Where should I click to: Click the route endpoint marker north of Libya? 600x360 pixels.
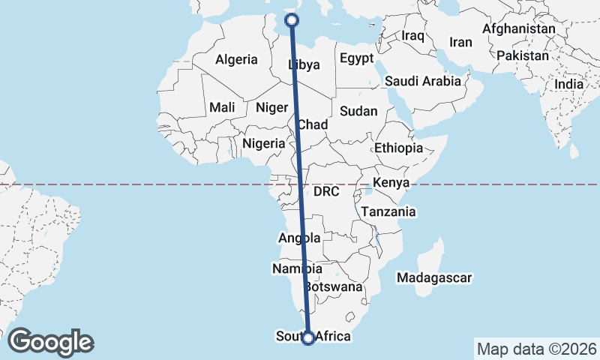292,21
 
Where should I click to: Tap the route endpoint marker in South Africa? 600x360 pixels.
307,338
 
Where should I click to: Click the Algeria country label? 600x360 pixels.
236,60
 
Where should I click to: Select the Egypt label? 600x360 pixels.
356,58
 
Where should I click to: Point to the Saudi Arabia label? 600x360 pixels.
422,81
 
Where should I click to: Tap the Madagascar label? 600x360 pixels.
435,278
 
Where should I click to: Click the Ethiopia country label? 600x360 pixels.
399,148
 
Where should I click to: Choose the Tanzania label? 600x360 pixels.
388,212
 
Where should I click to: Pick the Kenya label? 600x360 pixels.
391,182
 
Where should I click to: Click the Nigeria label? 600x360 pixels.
264,143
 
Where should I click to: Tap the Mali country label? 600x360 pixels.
222,107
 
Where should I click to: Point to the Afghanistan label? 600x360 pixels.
519,29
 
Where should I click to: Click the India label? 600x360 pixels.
568,85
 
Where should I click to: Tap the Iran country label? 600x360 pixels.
460,42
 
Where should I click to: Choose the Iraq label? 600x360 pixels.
413,35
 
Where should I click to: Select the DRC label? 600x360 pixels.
327,192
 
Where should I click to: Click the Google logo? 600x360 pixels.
50,341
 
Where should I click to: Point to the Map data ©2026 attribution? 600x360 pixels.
536,349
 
